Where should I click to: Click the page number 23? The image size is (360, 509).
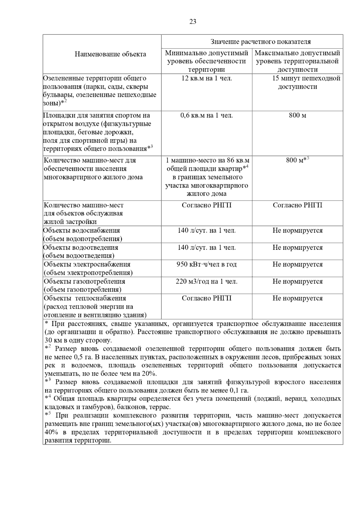(193, 22)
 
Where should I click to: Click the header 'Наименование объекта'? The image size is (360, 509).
(110, 54)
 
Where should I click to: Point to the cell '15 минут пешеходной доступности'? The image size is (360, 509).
(297, 83)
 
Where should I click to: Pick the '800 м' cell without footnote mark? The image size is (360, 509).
(297, 116)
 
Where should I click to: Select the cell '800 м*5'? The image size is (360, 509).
(297, 160)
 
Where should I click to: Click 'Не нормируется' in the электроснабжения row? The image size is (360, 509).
(297, 264)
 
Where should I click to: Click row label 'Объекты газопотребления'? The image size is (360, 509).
(84, 281)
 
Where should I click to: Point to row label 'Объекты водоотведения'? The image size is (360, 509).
(81, 248)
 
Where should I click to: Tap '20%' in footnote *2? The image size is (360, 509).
(149, 374)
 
